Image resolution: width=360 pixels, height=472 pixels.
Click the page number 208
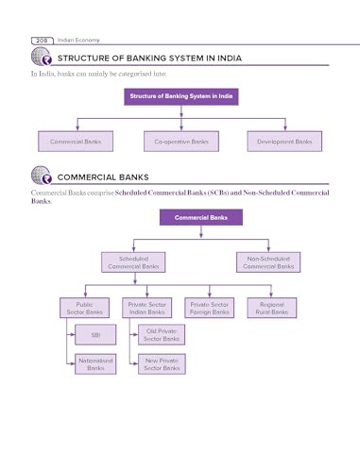click(x=42, y=41)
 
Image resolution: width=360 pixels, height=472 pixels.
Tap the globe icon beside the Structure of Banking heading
click(x=42, y=57)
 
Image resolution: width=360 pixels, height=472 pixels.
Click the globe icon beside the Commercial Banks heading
click(x=42, y=176)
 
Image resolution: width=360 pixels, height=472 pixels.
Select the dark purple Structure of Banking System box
click(x=181, y=96)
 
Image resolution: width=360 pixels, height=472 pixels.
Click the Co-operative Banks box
click(x=181, y=142)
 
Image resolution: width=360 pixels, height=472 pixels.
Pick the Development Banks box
click(x=284, y=142)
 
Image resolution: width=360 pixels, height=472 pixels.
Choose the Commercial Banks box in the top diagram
click(x=76, y=142)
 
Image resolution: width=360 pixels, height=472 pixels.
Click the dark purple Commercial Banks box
click(x=201, y=217)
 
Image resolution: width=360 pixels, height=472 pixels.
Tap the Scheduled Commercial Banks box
click(x=133, y=262)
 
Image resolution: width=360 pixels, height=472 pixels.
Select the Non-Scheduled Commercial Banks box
click(x=268, y=262)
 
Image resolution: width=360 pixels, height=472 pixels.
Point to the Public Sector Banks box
click(x=85, y=308)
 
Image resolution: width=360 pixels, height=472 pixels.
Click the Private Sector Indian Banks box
click(x=147, y=308)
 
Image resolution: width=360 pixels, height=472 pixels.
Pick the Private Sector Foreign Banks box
click(x=210, y=308)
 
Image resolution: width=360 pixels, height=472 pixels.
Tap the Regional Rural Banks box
click(x=272, y=308)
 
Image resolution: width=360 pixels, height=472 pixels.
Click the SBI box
click(x=95, y=335)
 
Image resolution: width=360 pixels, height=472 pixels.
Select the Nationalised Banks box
click(x=95, y=364)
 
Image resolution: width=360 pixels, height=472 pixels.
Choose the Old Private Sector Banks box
click(x=162, y=335)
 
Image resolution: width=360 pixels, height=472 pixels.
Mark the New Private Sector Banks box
click(x=162, y=364)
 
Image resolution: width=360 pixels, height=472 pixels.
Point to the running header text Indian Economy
click(x=78, y=41)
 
